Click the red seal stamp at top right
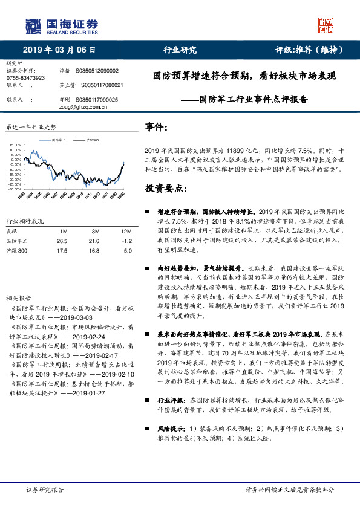[327, 25]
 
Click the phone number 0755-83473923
[25, 78]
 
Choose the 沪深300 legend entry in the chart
[91, 140]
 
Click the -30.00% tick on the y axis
[15, 189]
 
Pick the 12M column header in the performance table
[126, 232]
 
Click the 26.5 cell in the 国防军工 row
[62, 241]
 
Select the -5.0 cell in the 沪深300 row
[126, 250]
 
